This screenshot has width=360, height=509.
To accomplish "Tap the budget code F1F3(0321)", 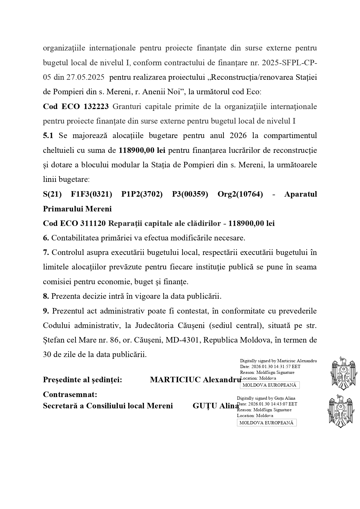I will tap(91, 194).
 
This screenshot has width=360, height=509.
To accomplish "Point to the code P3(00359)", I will tap(190, 194).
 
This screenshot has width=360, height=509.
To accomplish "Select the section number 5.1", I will tap(48, 136).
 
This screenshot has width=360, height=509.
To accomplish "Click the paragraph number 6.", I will tap(46, 238).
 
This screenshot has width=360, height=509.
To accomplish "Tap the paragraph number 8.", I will tap(46, 296).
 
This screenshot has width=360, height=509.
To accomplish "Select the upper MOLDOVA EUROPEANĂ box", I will tap(269, 385).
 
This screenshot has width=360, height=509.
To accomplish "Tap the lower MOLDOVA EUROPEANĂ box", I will tap(267, 423).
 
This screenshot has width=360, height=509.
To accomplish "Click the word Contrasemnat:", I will tap(70, 394).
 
